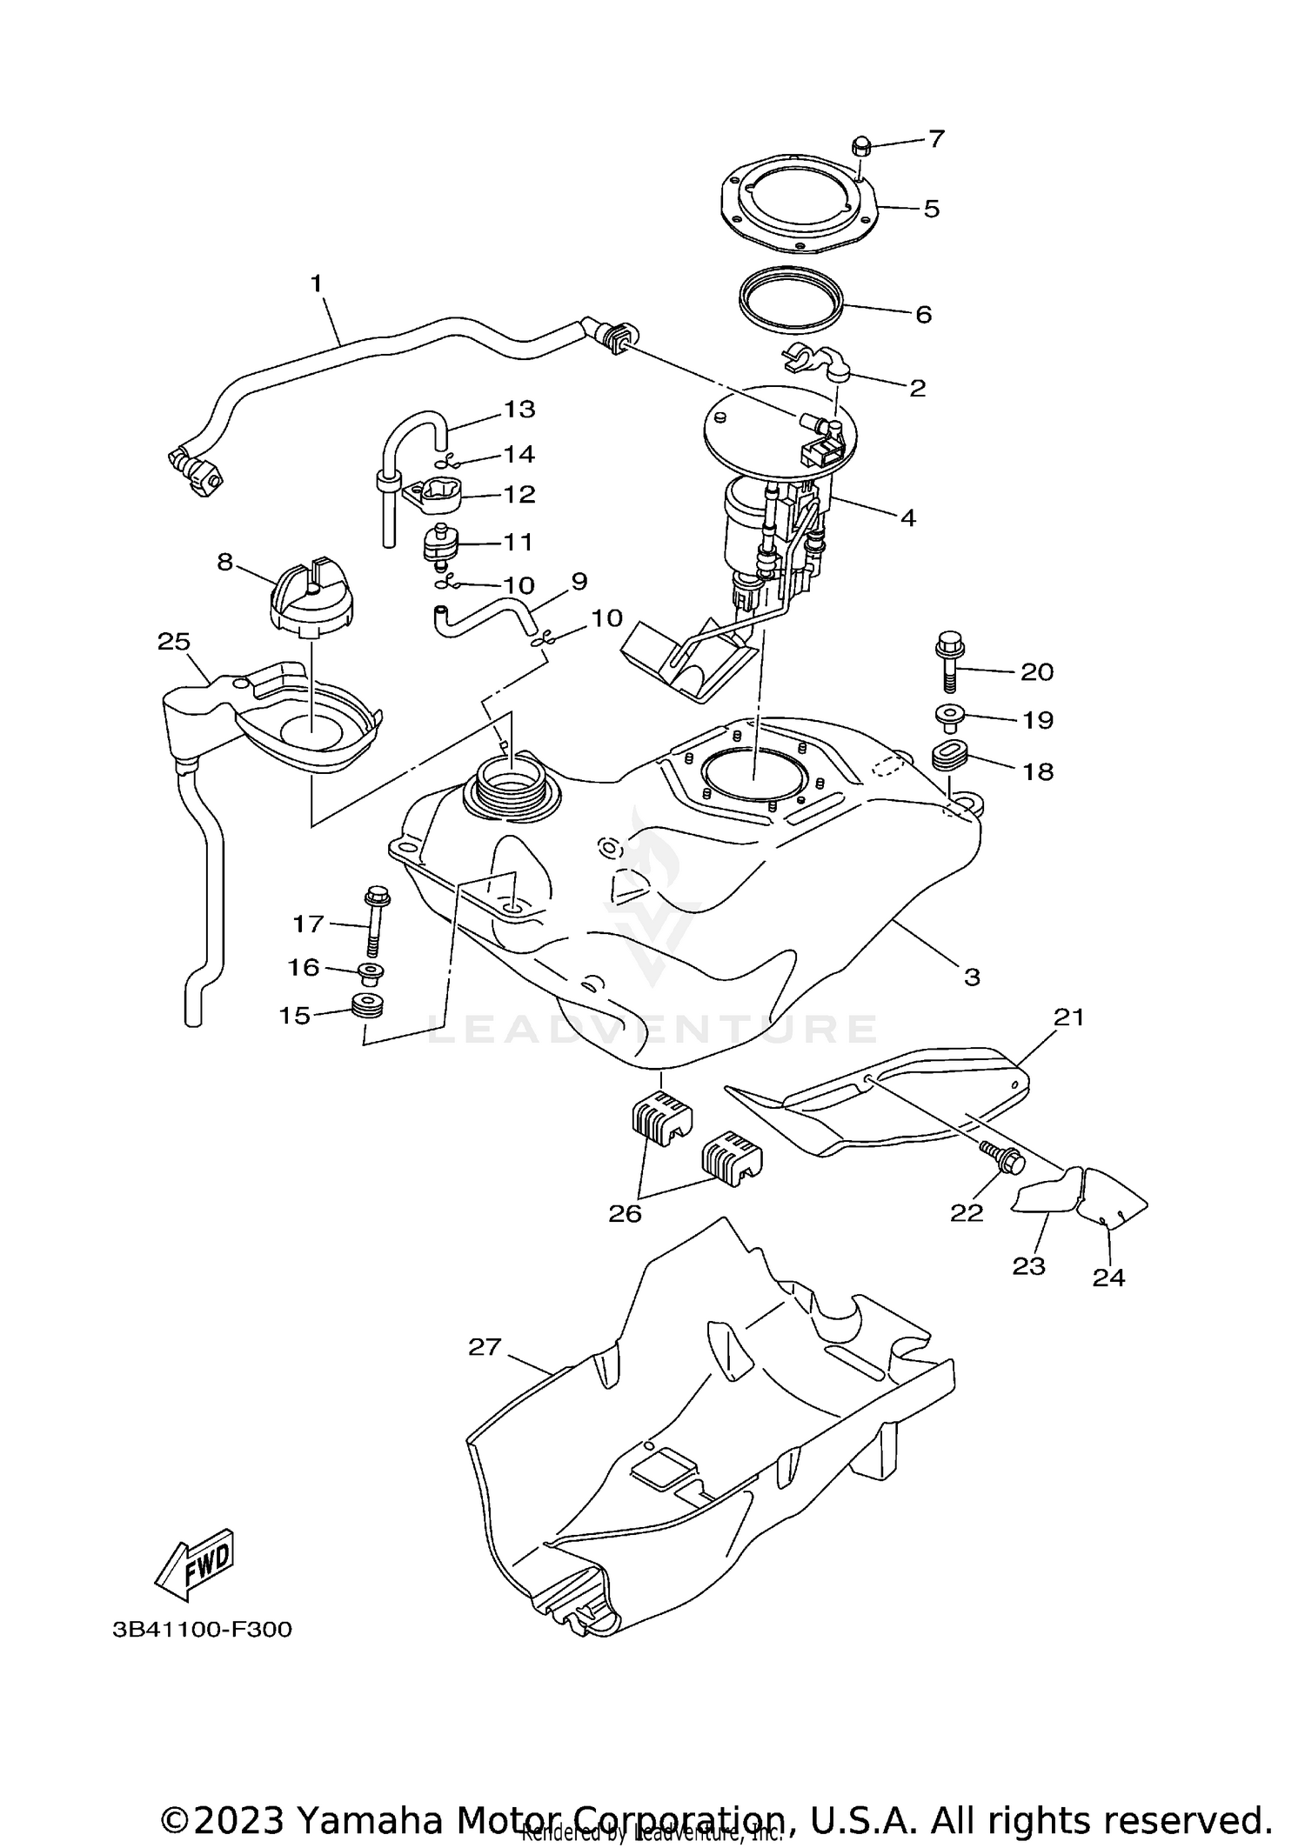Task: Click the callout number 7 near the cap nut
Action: point(935,138)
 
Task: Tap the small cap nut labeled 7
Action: point(861,146)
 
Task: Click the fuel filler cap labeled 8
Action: point(311,596)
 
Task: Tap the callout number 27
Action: point(485,1346)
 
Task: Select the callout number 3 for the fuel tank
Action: point(972,977)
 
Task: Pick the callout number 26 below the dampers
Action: point(625,1212)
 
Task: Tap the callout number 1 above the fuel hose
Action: point(316,283)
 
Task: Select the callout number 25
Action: point(174,641)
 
